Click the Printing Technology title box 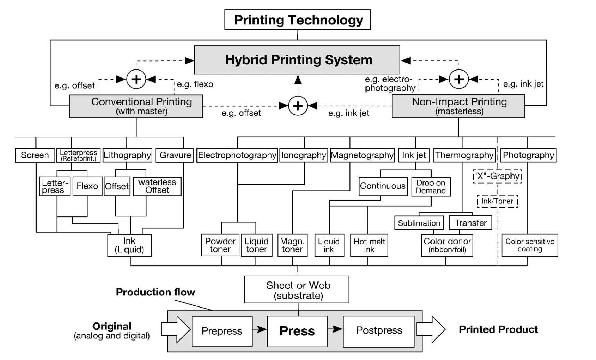pos(298,20)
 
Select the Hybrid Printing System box pos(297,60)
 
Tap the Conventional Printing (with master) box pos(136,106)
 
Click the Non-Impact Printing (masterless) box pos(458,106)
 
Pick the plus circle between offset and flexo pos(136,79)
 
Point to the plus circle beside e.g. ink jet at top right pos(459,79)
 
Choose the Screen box pos(35,155)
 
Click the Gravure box pos(175,155)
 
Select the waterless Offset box pos(157,186)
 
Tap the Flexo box pos(87,186)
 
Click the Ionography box pos(304,155)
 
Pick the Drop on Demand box pos(431,187)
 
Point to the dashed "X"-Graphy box pos(497,176)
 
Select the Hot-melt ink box pos(369,245)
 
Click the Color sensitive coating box pos(530,245)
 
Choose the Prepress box pos(222,331)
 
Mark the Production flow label pos(155,292)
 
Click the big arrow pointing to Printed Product pos(430,329)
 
